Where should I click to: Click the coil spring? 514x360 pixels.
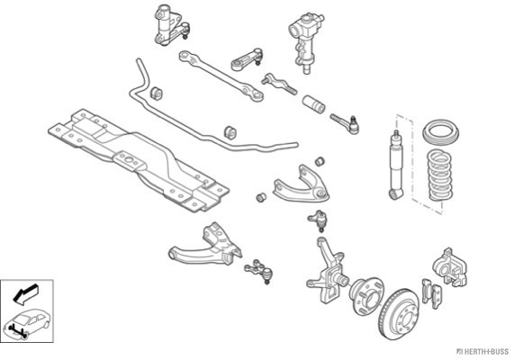tap(440, 175)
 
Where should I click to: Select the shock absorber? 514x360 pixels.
tap(396, 166)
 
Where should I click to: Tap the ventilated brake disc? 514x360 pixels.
tap(399, 314)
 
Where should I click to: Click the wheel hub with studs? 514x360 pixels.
tap(366, 296)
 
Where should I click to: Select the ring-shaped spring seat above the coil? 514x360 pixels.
tap(441, 132)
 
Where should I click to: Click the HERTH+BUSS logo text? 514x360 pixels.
tap(483, 352)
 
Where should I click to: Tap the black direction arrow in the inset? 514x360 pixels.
tap(25, 292)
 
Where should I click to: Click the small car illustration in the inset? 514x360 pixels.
tap(28, 323)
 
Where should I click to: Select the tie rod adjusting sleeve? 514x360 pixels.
tap(313, 103)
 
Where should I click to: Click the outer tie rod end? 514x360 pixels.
tap(345, 124)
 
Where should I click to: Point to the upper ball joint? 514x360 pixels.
tap(318, 220)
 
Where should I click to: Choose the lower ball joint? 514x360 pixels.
tap(259, 271)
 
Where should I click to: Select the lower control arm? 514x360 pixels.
tap(205, 247)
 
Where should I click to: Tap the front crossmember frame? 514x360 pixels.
tap(138, 159)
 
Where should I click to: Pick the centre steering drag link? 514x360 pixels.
tap(221, 76)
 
